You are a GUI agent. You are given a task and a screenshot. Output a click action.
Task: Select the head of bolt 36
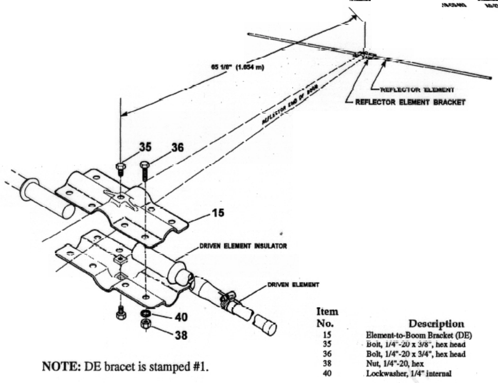point(145,165)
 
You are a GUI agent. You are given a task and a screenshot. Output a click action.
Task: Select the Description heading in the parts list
point(436,324)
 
